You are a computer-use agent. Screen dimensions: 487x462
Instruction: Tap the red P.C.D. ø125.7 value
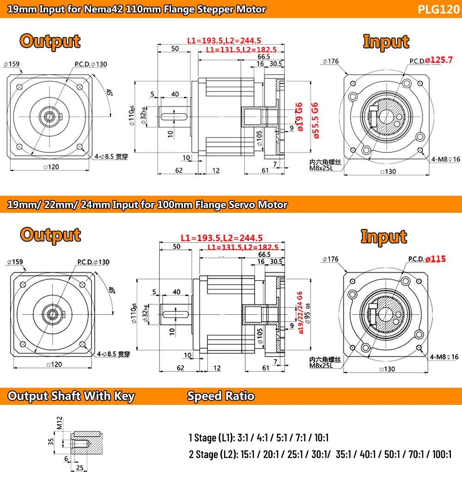point(439,60)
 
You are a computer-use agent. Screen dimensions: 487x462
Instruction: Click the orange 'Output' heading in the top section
point(50,41)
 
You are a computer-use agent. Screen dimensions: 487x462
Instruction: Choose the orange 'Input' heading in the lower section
point(383,236)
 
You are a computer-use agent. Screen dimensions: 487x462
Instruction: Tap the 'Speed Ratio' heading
point(220,396)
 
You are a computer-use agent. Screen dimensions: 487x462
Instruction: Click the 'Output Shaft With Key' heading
point(71,396)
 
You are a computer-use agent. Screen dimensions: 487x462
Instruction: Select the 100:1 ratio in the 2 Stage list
point(442,455)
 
